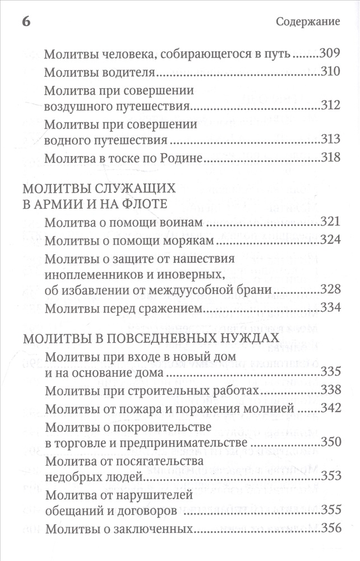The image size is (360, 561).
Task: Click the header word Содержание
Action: [308, 22]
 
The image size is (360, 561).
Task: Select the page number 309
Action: [330, 54]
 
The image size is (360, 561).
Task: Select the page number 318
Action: [330, 158]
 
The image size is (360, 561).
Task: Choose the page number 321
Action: [330, 222]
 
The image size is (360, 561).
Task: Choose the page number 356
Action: [330, 528]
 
